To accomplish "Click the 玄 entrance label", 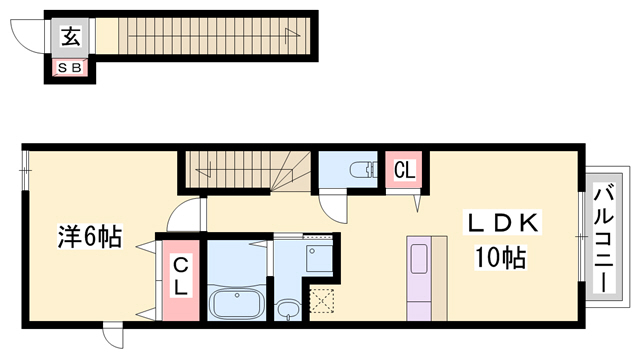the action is tap(71, 36).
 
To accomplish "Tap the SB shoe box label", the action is tap(70, 68).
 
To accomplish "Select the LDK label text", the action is tap(502, 223).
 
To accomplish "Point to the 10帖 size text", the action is tap(500, 257).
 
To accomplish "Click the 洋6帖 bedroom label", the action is tap(90, 236).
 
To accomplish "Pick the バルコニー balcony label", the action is tap(604, 239).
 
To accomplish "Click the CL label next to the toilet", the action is tap(404, 170).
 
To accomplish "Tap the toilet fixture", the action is tap(364, 169).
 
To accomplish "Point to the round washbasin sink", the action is tap(288, 308).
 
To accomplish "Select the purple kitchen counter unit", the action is tap(419, 278).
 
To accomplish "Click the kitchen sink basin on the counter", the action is tap(419, 259).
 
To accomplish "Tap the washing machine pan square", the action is tap(320, 259).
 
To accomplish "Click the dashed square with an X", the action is tap(322, 301).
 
